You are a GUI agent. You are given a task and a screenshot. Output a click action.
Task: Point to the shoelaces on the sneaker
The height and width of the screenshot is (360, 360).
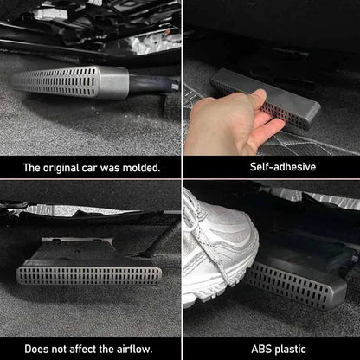(202, 247)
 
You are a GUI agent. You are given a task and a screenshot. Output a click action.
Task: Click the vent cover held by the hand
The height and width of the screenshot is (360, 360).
(277, 101)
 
